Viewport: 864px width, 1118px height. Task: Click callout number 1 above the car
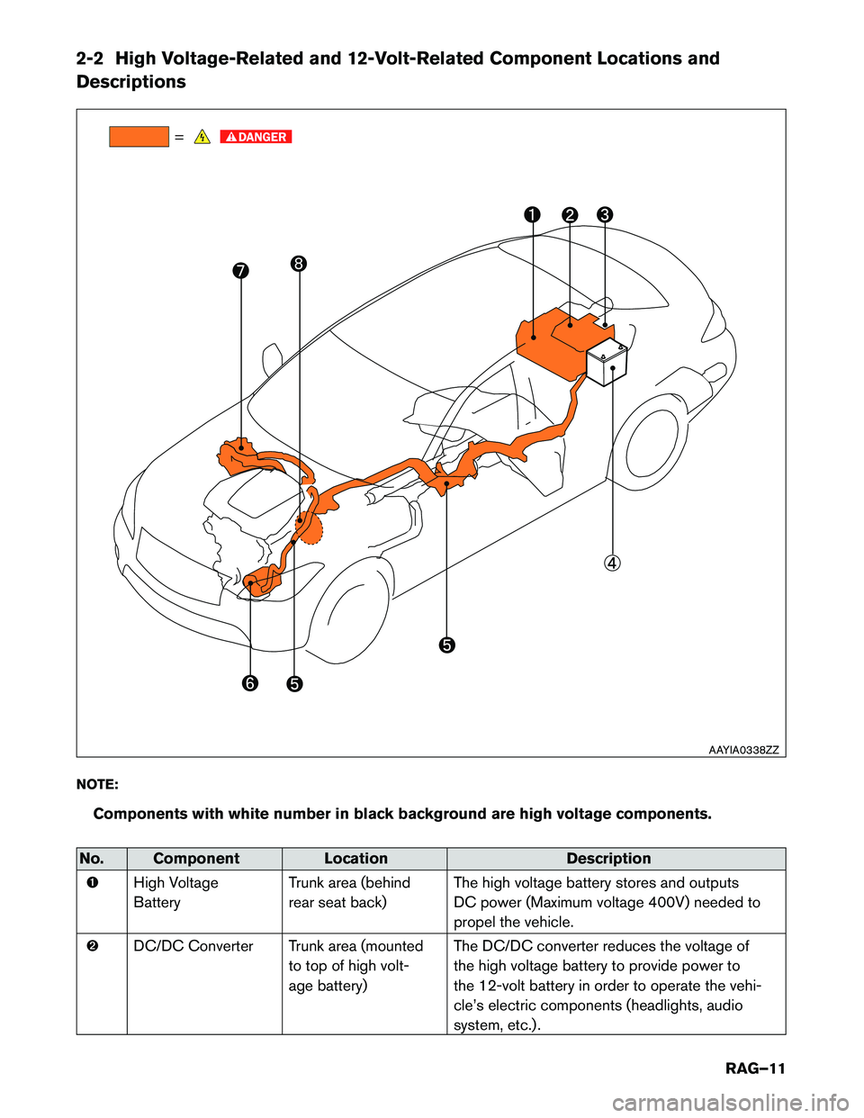[x=533, y=214]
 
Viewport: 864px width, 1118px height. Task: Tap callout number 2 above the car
[x=570, y=214]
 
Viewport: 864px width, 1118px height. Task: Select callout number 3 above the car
[x=605, y=214]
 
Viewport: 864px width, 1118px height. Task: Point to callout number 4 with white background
[x=612, y=564]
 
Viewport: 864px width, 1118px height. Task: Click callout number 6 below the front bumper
[x=249, y=683]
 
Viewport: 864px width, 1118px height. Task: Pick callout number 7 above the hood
[x=240, y=271]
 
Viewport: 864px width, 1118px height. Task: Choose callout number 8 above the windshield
[x=299, y=264]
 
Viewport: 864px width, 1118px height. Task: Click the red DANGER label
[x=256, y=137]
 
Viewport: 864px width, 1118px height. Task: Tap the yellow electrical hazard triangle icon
[x=202, y=137]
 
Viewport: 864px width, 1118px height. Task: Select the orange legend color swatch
[x=139, y=137]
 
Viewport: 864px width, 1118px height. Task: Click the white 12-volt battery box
[x=607, y=362]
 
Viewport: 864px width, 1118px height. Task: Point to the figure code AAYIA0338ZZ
[x=743, y=749]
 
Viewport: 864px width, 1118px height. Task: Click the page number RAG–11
[x=755, y=1068]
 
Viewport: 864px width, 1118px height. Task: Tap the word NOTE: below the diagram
[x=97, y=784]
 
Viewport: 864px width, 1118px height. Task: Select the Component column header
[x=196, y=859]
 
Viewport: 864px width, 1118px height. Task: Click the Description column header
[x=608, y=859]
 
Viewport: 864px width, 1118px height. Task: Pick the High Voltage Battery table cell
[x=175, y=892]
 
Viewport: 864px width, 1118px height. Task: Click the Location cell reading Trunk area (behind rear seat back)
[x=349, y=892]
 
